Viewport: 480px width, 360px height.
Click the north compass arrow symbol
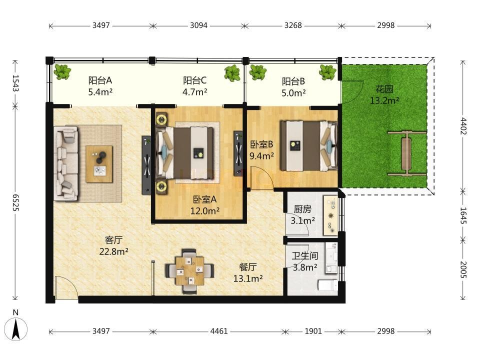pos(16,329)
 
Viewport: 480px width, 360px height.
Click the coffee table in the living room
pos(99,164)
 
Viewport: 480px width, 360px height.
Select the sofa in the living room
pos(66,163)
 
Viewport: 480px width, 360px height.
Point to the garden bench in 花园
pos(406,154)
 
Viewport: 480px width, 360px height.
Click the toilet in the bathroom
pos(328,285)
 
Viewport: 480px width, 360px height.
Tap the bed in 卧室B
pos(309,145)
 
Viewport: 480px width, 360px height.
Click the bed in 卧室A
pos(184,153)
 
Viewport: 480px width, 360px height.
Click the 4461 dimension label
pos(219,331)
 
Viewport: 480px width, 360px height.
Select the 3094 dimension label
pos(198,25)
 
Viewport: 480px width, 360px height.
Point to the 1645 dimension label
pos(463,215)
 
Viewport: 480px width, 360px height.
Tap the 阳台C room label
pos(194,80)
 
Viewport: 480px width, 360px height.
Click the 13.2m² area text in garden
pos(384,100)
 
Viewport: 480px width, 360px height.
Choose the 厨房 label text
pos(302,209)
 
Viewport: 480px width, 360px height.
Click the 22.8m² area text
pos(113,251)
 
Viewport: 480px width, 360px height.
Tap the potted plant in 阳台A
pos(62,72)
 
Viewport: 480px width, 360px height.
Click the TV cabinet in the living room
pos(146,165)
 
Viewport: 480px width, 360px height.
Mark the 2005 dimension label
pos(463,269)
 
